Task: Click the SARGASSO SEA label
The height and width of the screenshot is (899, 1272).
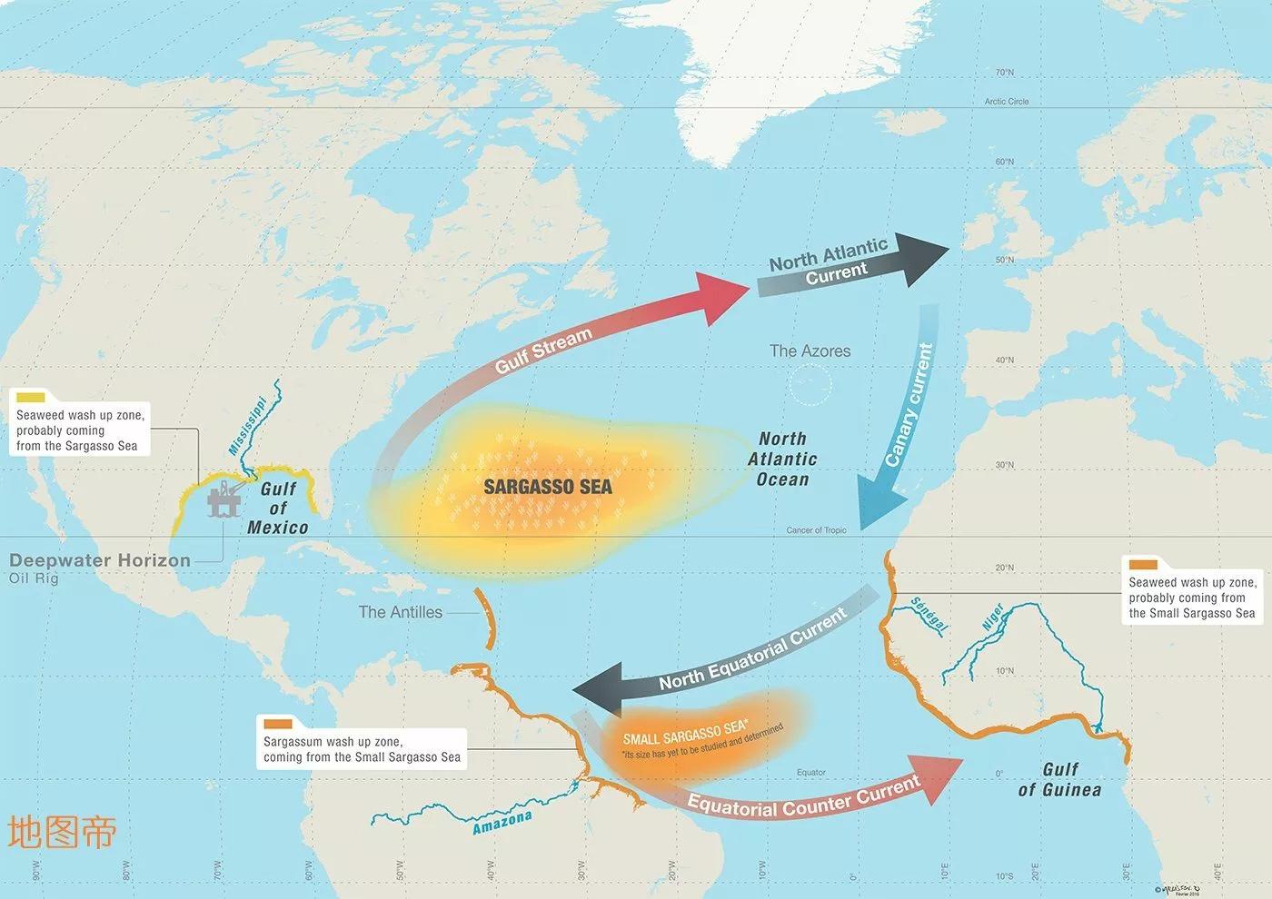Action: tap(547, 487)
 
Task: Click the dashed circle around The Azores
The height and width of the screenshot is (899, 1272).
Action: tap(810, 385)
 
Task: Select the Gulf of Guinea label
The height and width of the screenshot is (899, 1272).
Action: tap(1059, 780)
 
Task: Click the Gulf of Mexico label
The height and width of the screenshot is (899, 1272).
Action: tap(278, 509)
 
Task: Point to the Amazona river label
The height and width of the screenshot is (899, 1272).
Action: tap(502, 823)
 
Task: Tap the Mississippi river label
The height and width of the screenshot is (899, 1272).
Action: tap(247, 426)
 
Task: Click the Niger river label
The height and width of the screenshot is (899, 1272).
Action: tap(993, 617)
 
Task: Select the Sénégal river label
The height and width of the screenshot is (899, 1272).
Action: tap(929, 615)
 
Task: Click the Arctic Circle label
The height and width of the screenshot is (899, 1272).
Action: tap(1006, 102)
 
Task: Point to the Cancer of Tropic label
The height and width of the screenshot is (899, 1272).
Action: tap(816, 530)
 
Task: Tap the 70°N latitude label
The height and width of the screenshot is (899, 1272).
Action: tap(1004, 73)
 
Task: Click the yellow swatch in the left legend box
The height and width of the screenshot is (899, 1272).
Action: tap(31, 397)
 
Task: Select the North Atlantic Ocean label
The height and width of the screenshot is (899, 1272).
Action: tap(782, 459)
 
